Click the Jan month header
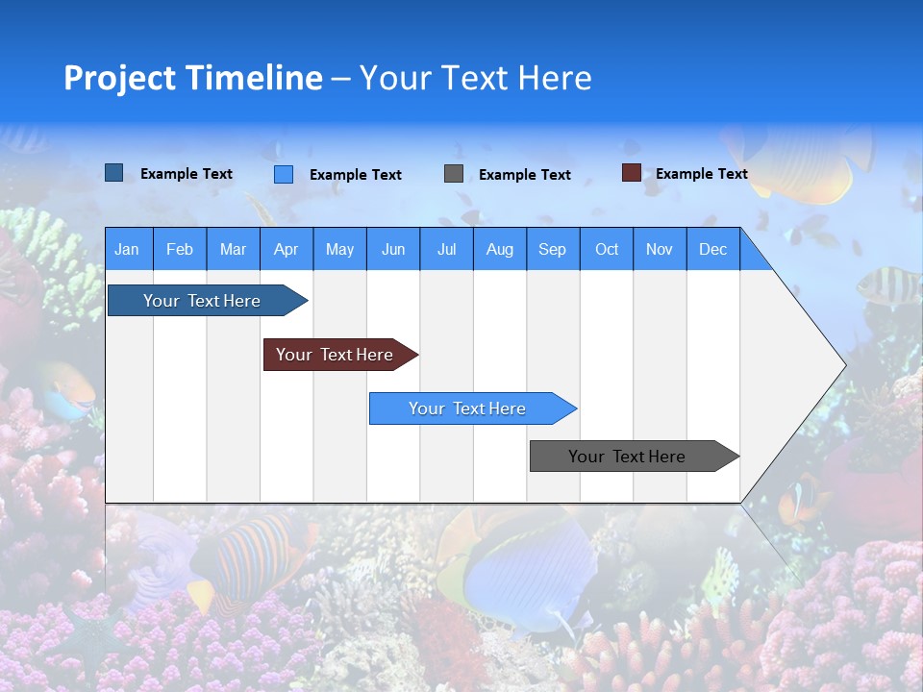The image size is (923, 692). click(127, 249)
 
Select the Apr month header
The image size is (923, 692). click(286, 249)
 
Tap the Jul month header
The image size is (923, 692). click(446, 249)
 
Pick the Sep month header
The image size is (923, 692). click(552, 249)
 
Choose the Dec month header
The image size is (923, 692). click(712, 249)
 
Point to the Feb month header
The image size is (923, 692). click(180, 249)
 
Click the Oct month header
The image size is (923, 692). click(607, 249)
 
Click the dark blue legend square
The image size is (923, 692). click(114, 173)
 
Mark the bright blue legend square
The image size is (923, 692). click(284, 174)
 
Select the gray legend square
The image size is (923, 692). click(454, 174)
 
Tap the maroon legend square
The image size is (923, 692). click(631, 173)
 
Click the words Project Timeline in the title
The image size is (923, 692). click(192, 78)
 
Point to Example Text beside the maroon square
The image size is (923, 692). click(701, 174)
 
